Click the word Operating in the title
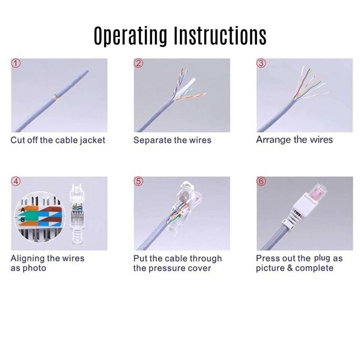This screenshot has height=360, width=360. pos(130,36)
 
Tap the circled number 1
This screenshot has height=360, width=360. pos(16,63)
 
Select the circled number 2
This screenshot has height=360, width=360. pos(139,63)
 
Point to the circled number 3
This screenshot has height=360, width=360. pos(261,63)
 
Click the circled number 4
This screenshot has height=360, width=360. pos(16,181)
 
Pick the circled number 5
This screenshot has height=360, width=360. pos(139,181)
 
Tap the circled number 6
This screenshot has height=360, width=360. pos(261,181)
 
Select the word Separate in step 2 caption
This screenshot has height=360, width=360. pos(149,140)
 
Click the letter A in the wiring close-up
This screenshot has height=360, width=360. pos(22,210)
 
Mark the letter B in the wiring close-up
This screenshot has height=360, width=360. pos(22,220)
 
